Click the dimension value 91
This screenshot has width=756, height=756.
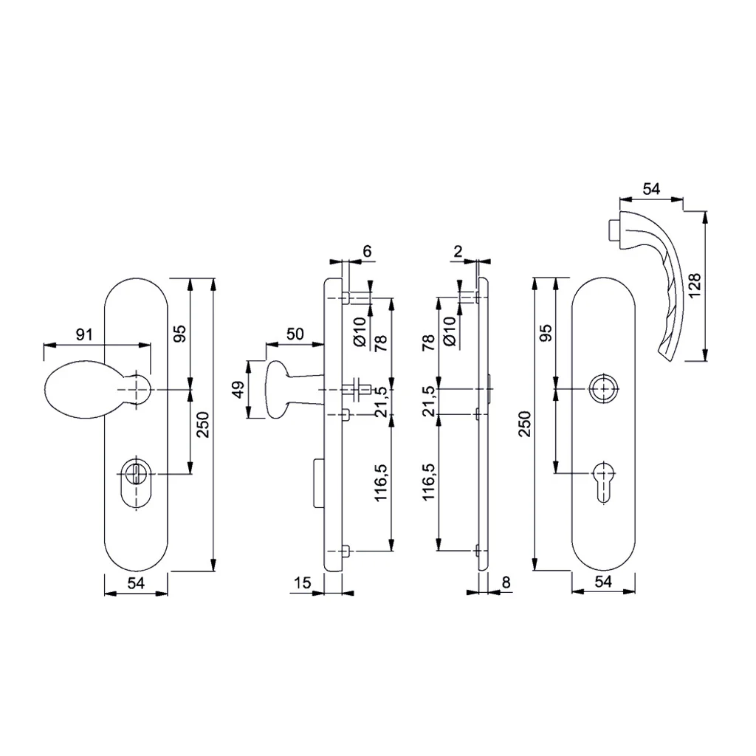[84, 334]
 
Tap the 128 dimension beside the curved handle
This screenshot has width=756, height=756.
[695, 286]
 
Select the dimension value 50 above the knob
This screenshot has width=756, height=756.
[295, 334]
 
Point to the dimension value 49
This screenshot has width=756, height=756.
[238, 389]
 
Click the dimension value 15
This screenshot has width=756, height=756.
[302, 583]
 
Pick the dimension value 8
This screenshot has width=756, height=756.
[506, 583]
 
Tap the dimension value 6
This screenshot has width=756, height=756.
[368, 251]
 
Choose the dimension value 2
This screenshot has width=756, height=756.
[458, 251]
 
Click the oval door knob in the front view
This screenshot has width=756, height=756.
[82, 390]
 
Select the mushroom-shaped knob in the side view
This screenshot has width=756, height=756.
[280, 390]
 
